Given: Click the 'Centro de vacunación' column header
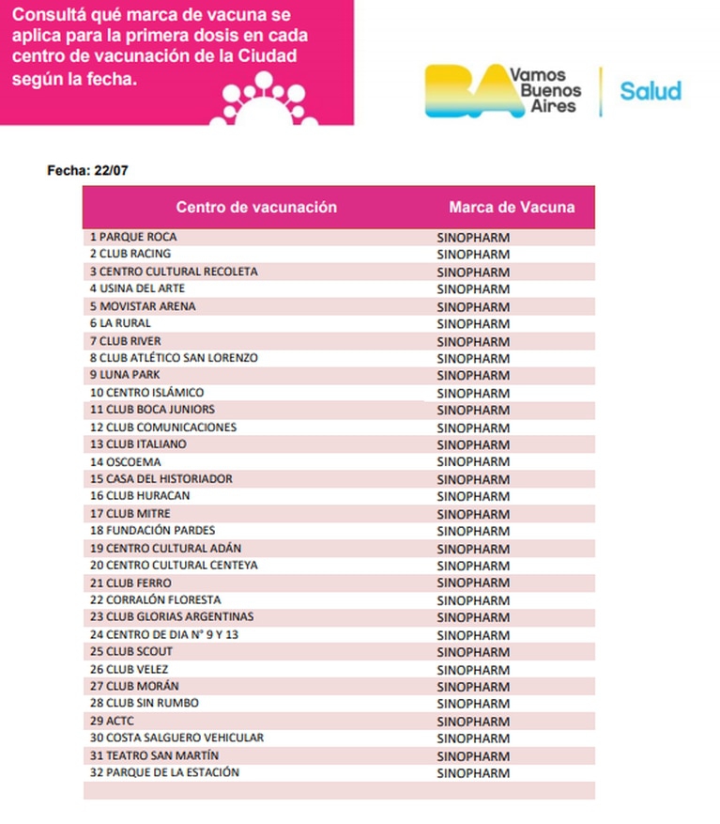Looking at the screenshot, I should pyautogui.click(x=256, y=207).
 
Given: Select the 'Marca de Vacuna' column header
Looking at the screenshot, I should pyautogui.click(x=512, y=207).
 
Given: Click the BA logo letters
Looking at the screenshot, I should pyautogui.click(x=466, y=91).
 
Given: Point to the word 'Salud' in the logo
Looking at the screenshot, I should pyautogui.click(x=651, y=91).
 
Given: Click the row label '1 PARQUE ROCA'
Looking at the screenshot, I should pyautogui.click(x=133, y=237).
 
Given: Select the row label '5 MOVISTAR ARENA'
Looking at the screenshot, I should pyautogui.click(x=144, y=306).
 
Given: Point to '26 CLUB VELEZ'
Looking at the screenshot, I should pyautogui.click(x=131, y=669).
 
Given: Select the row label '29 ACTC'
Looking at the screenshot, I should pyautogui.click(x=111, y=721).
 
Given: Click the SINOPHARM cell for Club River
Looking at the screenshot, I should pyautogui.click(x=474, y=341).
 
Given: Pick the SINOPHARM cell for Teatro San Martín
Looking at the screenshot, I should pyautogui.click(x=474, y=756).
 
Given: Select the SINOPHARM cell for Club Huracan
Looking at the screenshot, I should pyautogui.click(x=474, y=497).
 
